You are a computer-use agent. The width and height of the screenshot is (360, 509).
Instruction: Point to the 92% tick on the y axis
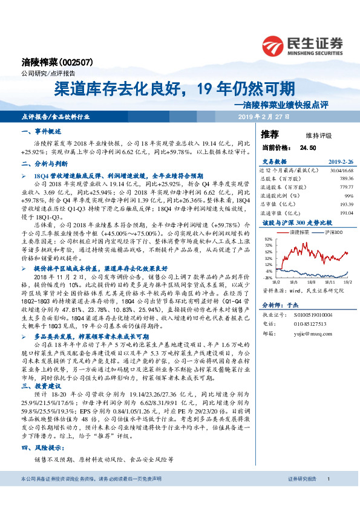coord(267,240)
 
